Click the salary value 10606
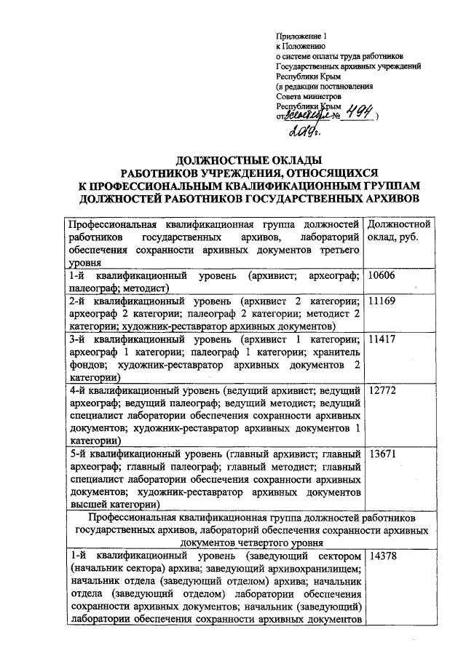point(383,277)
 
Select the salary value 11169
point(383,301)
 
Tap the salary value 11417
point(383,340)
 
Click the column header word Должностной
point(401,224)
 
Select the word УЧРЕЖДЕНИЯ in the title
point(242,173)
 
